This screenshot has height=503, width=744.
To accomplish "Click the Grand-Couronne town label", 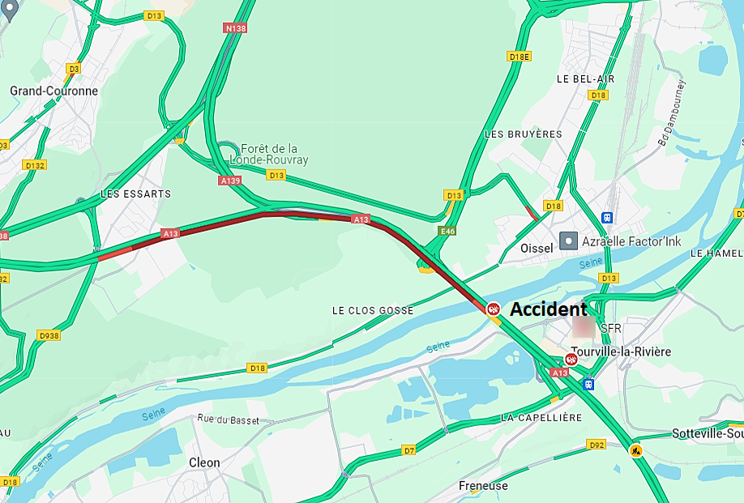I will [53, 91].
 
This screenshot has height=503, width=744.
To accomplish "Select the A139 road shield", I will [230, 181].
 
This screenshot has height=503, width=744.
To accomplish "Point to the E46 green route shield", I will [447, 232].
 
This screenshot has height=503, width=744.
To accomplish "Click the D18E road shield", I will [519, 56].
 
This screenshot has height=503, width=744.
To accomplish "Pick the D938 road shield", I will [49, 335].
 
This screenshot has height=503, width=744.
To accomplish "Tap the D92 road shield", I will [596, 444].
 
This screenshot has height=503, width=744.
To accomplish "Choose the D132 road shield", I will [35, 165].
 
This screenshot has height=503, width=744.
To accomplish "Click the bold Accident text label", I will [548, 309].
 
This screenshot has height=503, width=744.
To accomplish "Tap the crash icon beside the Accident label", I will [493, 309].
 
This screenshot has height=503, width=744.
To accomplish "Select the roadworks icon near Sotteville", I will [636, 450].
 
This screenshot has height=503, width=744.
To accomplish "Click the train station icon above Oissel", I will [607, 217].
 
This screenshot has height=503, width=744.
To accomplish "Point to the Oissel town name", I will [535, 248].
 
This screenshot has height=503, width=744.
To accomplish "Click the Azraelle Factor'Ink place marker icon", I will [570, 241].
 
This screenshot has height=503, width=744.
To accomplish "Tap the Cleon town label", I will [204, 463].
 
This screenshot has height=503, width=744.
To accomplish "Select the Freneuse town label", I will [483, 486].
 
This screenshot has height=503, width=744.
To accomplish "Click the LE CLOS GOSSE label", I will [373, 311].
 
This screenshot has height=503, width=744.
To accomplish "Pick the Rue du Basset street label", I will [228, 419].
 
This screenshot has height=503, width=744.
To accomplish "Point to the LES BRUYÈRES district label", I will [523, 134].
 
